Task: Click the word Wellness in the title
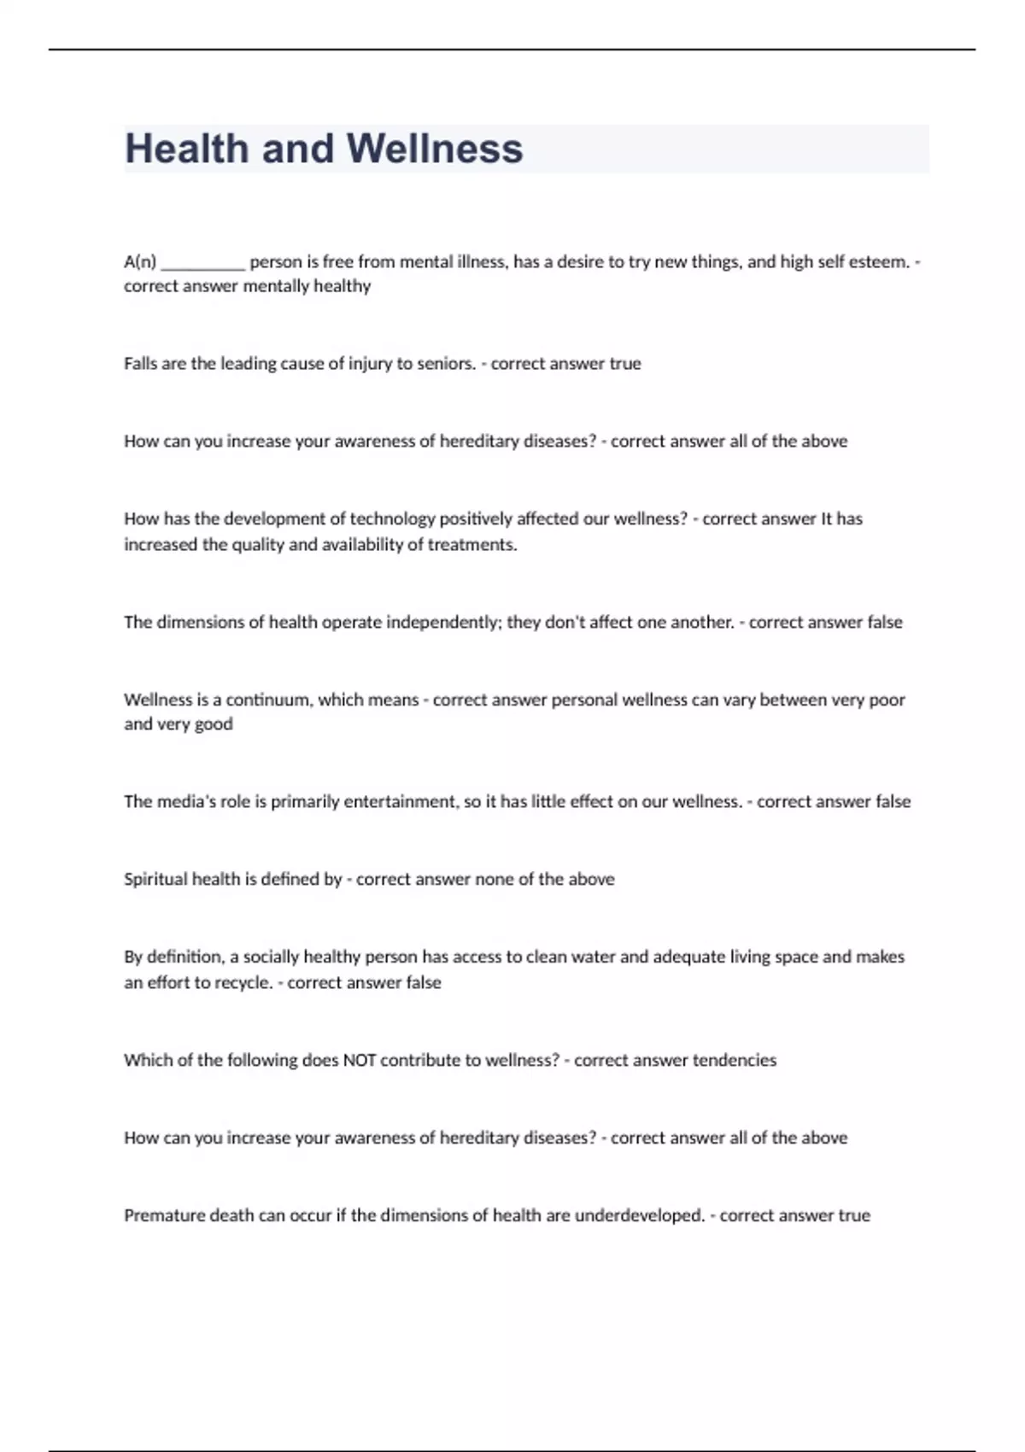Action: (434, 149)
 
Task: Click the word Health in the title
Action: (187, 149)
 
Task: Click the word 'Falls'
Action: (139, 364)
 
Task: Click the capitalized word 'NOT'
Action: (359, 1061)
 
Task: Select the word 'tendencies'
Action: (734, 1061)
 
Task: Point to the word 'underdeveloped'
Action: (639, 1215)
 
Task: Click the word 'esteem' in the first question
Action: (882, 262)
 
